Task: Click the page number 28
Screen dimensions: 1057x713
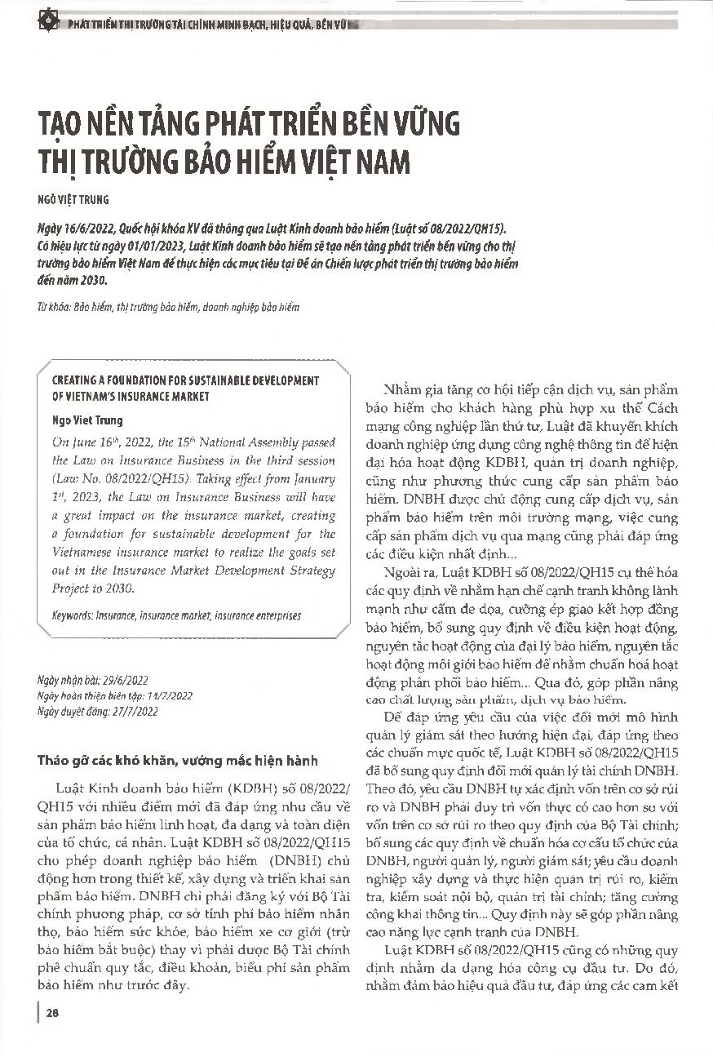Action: (x=51, y=1014)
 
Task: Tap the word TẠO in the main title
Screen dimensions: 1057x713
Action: (x=64, y=125)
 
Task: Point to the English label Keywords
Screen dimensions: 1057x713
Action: (x=71, y=615)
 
